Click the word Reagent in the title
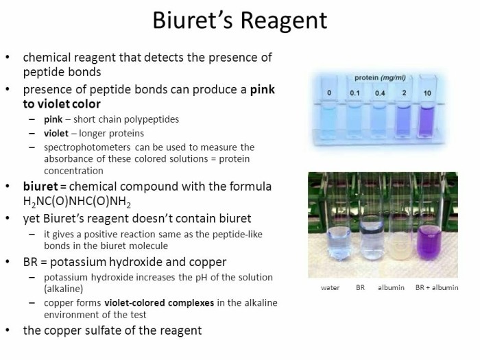pos(284,21)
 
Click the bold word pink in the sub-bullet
pos(53,119)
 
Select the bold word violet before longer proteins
pos(56,133)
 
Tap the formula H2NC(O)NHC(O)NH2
pos(77,202)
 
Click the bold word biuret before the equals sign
pos(40,186)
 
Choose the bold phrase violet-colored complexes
pos(159,303)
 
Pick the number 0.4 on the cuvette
pos(380,93)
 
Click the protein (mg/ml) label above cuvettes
pos(380,77)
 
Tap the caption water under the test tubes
pos(330,288)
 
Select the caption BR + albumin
pos(437,288)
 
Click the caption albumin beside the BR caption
pos(391,288)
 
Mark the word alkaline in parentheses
pos(63,289)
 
